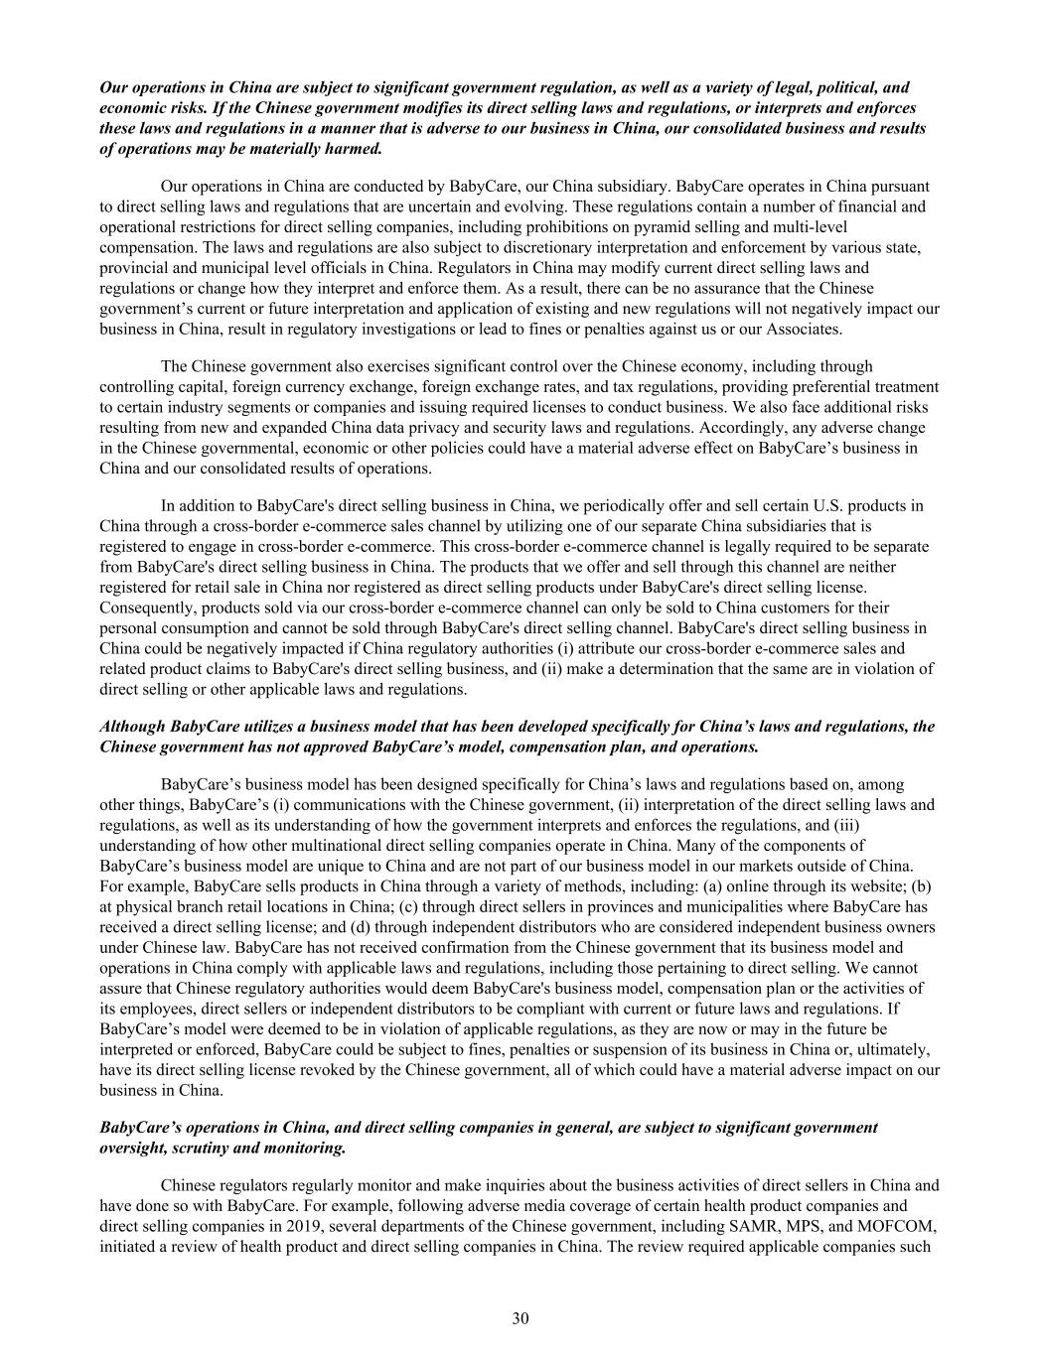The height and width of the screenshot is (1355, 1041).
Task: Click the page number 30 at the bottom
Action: coord(520,1318)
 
